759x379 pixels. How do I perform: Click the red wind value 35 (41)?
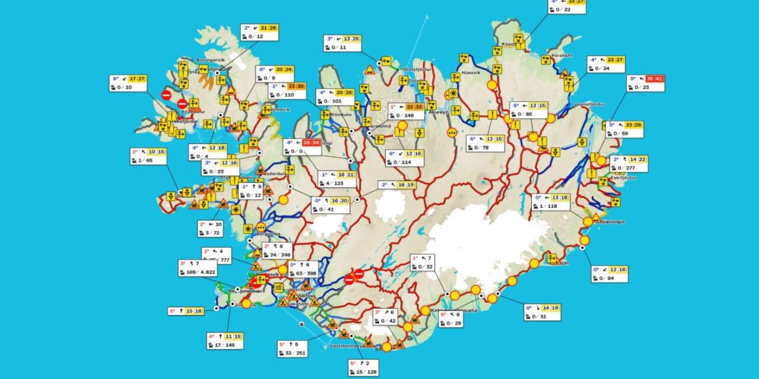pos(655,79)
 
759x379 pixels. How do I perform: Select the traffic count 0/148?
pos(405,115)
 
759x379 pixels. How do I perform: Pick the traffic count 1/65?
pos(146,160)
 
